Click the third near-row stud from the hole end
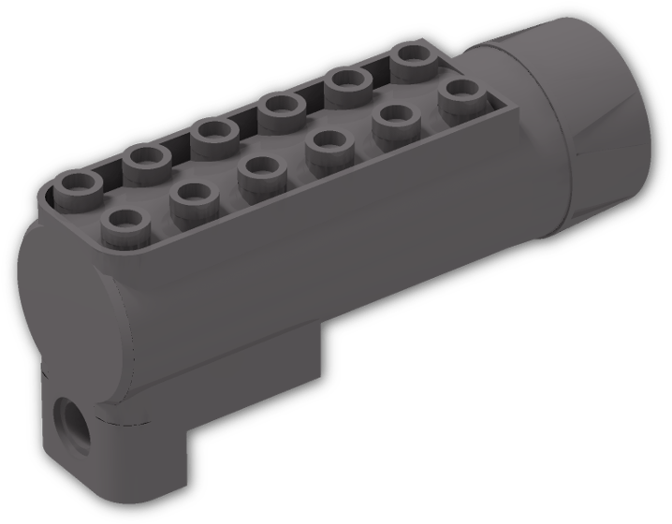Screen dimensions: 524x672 (x=257, y=170)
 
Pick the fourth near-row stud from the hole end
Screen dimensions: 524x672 (x=326, y=145)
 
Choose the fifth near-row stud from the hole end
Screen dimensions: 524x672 (x=393, y=120)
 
